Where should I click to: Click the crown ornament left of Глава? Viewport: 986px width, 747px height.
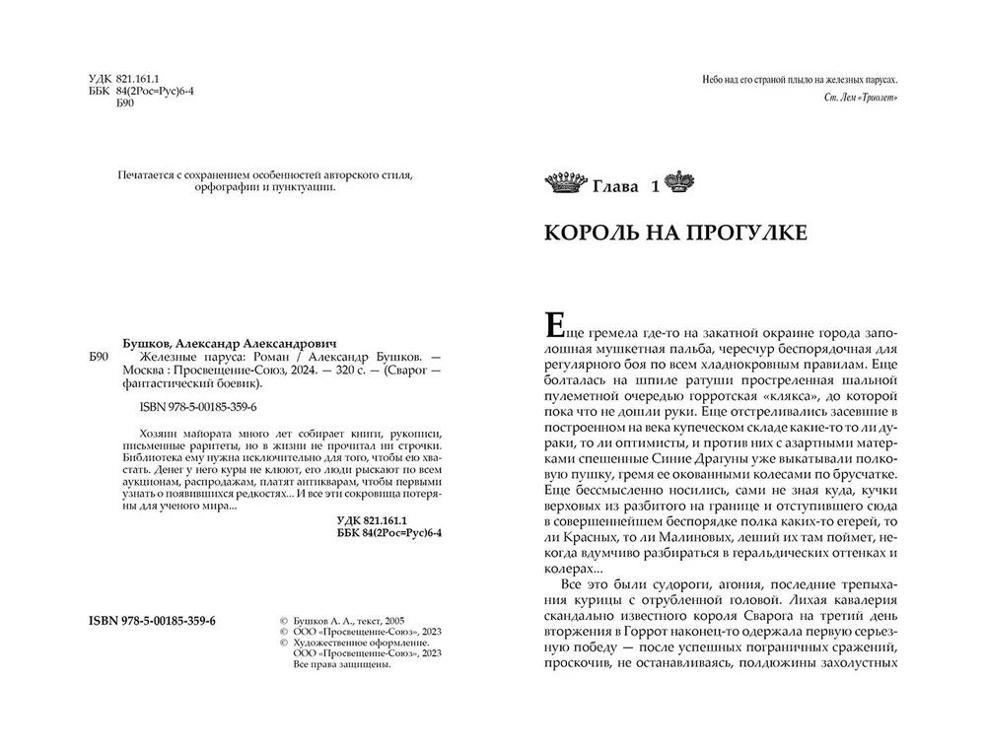point(565,183)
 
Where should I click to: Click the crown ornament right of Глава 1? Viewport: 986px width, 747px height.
point(679,182)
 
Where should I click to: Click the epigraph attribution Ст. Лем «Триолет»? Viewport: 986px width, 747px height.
point(860,98)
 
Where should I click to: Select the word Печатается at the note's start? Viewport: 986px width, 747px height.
point(146,175)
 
